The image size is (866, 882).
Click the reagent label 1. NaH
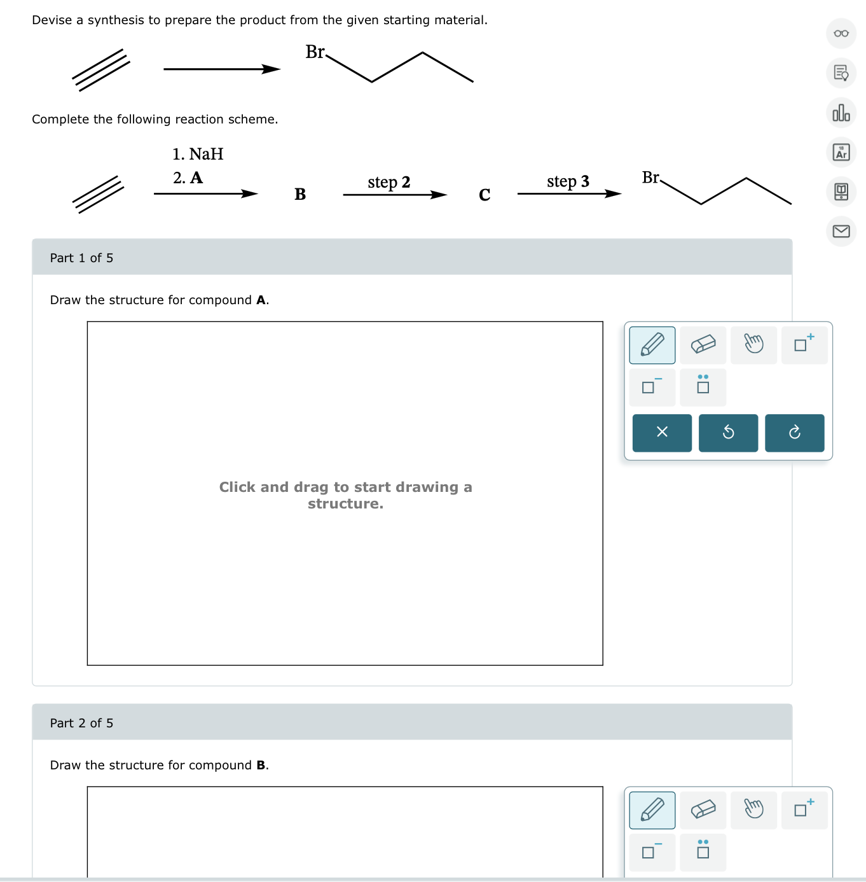tap(198, 155)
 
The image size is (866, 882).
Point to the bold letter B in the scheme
tap(300, 195)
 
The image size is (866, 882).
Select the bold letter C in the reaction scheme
tap(485, 195)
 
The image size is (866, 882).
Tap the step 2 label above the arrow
tap(388, 183)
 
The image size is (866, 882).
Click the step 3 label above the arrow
tap(568, 182)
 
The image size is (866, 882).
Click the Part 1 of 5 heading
tap(81, 258)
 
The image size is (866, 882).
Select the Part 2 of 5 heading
tap(81, 723)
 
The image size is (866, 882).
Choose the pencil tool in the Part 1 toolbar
tap(652, 345)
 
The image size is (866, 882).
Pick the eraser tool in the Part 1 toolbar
tap(703, 345)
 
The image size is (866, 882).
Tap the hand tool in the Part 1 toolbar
tap(753, 345)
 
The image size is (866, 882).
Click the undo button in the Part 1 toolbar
tap(728, 433)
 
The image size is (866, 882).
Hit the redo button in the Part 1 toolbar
tap(794, 433)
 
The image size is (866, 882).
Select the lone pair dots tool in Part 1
tap(703, 386)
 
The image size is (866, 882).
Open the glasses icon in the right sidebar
tap(841, 34)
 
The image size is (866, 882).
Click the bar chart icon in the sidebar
tap(841, 113)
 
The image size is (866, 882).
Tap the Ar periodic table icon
tap(841, 153)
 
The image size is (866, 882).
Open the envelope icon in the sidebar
tap(841, 231)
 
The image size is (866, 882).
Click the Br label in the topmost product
tap(315, 52)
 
